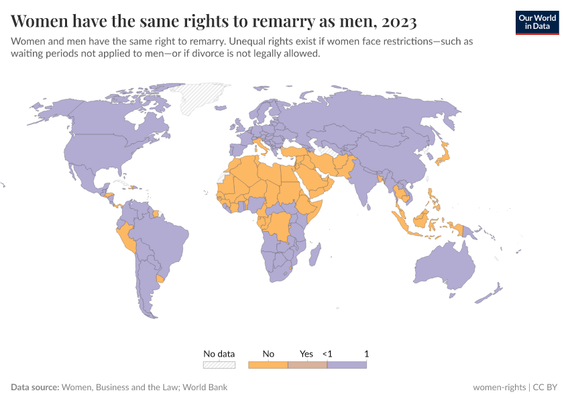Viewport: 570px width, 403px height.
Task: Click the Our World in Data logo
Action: pos(537,21)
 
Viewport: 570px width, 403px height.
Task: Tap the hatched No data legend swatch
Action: pos(219,365)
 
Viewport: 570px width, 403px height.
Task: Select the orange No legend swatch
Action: pos(268,365)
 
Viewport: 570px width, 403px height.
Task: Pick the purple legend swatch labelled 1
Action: pos(347,365)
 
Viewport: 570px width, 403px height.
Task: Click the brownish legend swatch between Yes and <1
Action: pos(307,365)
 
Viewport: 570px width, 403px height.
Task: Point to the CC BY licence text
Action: pos(547,387)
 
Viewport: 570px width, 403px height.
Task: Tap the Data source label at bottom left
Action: pos(35,387)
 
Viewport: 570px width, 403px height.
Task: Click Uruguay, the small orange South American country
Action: pos(160,278)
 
